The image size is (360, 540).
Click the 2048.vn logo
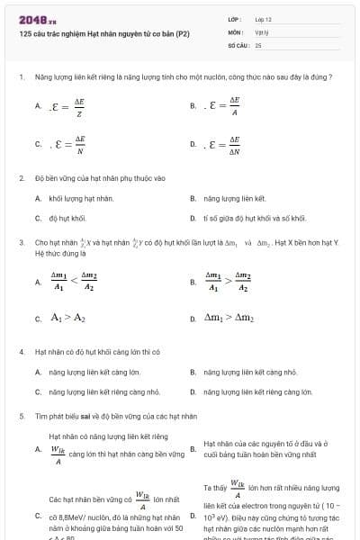37,18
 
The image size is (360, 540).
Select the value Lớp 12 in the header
263,19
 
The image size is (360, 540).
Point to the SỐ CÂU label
238,44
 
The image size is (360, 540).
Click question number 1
21,77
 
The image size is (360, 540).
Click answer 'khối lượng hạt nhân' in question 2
81,198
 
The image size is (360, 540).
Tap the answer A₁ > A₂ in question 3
68,318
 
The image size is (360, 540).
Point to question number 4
21,352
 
